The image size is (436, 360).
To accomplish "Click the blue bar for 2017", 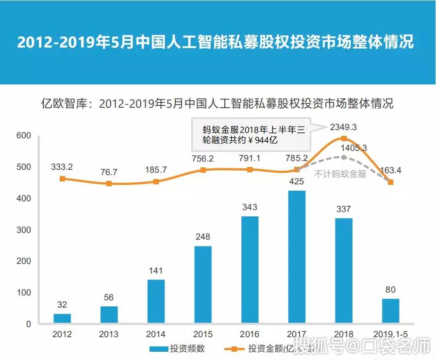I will [x=297, y=257].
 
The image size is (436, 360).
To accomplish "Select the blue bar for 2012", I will [x=62, y=319].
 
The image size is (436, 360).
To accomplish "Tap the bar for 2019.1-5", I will [x=390, y=311].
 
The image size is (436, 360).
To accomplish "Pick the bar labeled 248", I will [x=203, y=285].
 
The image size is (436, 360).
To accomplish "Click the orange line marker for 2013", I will [x=109, y=184].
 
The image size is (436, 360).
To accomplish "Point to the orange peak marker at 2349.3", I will [x=344, y=139].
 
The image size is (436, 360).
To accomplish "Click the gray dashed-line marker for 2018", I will [x=344, y=157].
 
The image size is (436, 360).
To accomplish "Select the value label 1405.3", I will [x=353, y=148].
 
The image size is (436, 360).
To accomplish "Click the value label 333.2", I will [x=62, y=166].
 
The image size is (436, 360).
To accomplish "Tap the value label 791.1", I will [x=250, y=158].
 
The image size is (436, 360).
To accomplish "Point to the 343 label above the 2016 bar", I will [x=250, y=207].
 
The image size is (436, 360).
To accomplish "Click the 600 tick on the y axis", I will [x=23, y=136].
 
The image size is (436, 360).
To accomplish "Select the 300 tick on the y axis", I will [x=23, y=230].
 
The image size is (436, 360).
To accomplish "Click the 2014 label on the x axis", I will [x=156, y=334].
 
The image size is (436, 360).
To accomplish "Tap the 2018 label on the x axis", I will [x=344, y=334].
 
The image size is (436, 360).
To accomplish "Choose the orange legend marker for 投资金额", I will [x=234, y=348].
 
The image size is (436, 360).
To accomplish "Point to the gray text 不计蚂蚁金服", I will [x=340, y=174].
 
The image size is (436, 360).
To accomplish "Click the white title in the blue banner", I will [x=216, y=42].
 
